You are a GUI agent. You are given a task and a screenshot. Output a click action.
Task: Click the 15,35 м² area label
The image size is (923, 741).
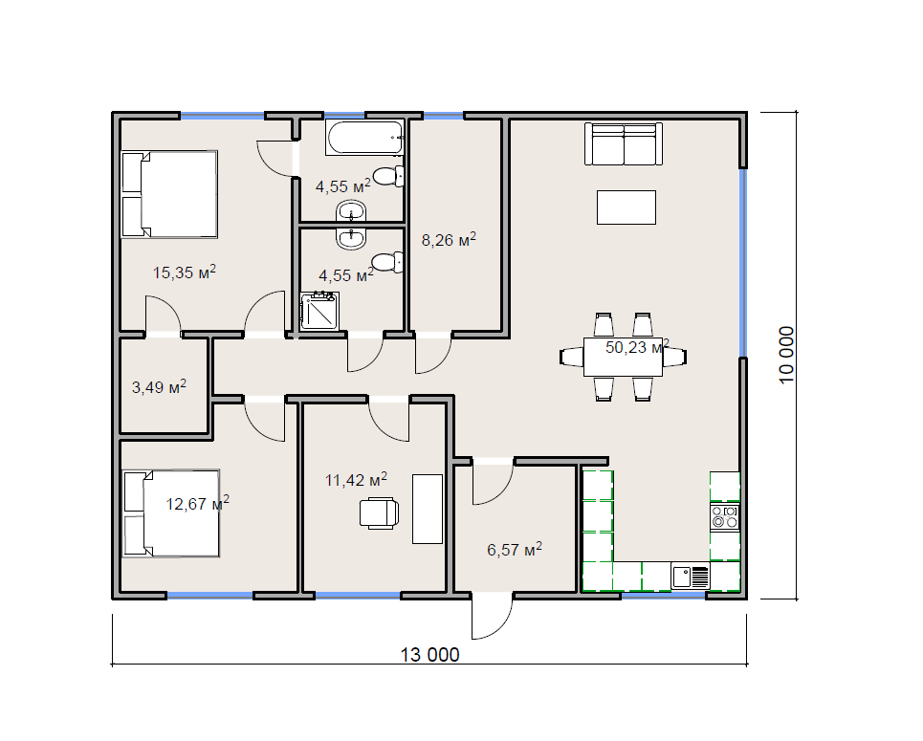(185, 272)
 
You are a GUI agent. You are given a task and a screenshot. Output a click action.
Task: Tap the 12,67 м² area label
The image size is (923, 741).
(197, 504)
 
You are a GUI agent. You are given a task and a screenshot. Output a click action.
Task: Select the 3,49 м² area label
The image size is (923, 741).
(159, 386)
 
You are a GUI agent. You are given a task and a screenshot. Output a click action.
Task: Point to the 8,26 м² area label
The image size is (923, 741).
(449, 240)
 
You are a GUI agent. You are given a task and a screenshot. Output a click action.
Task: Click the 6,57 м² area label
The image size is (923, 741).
(515, 550)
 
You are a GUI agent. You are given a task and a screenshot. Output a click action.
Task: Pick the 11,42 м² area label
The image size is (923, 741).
(356, 480)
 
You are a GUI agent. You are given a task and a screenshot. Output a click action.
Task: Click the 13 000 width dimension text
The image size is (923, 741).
(429, 655)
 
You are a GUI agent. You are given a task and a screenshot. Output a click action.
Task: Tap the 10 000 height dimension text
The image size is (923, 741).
(786, 355)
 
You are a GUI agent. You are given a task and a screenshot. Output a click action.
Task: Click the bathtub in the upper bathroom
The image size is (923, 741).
(365, 138)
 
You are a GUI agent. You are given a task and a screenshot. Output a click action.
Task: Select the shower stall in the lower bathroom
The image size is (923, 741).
(319, 310)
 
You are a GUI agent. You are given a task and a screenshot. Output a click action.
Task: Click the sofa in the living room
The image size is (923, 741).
(624, 144)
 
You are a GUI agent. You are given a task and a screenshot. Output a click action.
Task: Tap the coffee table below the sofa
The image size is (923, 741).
(626, 207)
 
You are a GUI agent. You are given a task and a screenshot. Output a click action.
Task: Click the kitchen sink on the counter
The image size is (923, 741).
(690, 577)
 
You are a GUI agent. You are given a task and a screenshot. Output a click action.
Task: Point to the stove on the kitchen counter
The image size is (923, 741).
(725, 516)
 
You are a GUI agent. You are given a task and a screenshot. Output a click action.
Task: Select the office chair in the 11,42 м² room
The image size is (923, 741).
(379, 513)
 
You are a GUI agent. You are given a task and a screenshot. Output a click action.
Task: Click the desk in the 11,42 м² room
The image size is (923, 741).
(428, 509)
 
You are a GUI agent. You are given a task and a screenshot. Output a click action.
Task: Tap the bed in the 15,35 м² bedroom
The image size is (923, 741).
(169, 194)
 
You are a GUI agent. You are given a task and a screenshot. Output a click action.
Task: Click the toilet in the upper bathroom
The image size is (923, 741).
(388, 176)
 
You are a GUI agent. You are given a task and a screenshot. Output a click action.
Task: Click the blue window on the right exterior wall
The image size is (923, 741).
(743, 263)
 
